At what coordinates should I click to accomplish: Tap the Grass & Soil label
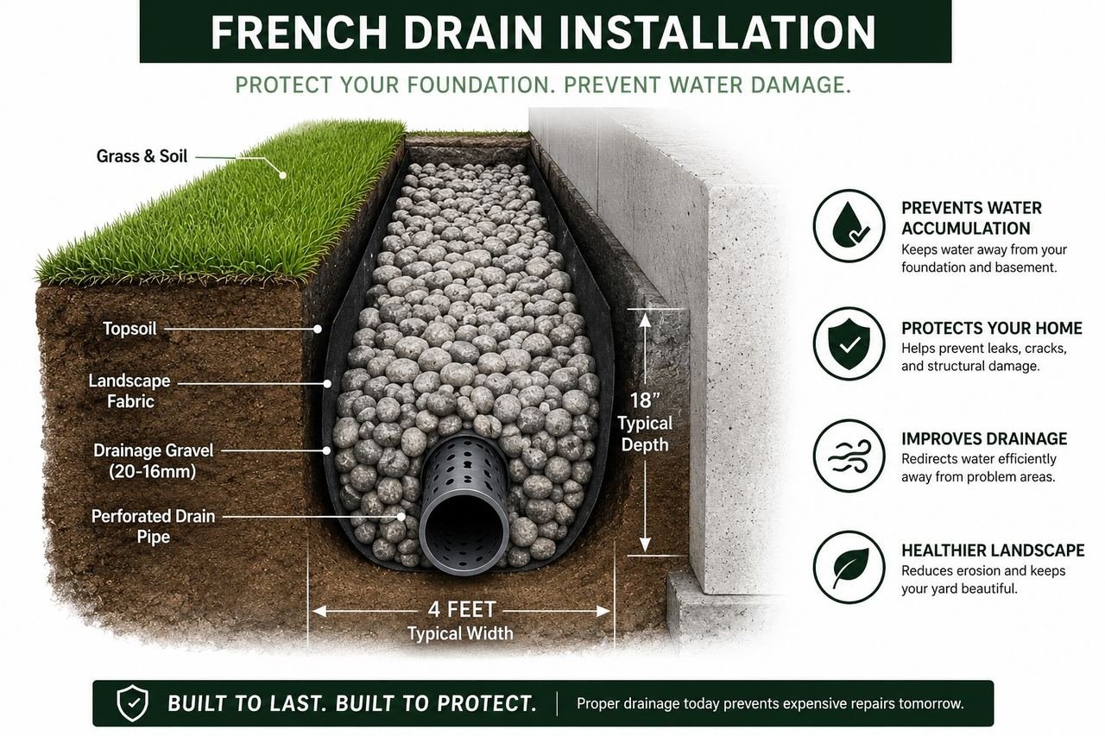(x=142, y=156)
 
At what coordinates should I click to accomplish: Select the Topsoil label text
(x=129, y=329)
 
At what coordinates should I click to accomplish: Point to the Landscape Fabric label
(x=129, y=391)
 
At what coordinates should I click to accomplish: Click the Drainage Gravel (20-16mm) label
(x=153, y=461)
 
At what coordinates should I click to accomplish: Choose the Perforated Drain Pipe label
(x=153, y=526)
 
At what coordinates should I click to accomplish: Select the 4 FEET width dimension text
(x=462, y=610)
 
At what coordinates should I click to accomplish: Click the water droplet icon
(x=849, y=225)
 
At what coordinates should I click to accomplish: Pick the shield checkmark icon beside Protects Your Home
(x=849, y=343)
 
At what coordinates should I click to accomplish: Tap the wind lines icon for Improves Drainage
(x=849, y=456)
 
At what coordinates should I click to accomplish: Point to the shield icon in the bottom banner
(x=132, y=703)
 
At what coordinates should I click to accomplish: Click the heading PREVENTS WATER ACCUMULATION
(x=971, y=218)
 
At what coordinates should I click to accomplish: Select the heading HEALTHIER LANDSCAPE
(x=993, y=550)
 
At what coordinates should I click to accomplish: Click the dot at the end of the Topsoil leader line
(x=319, y=329)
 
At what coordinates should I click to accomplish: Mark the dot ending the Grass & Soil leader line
(x=282, y=174)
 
